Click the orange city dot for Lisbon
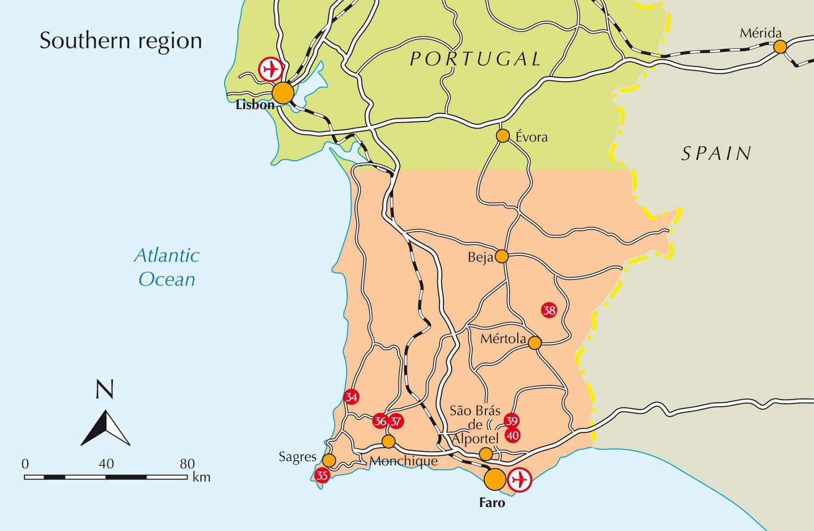(x=283, y=93)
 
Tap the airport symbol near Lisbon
(x=270, y=69)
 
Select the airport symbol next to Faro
(x=520, y=479)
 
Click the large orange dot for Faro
(x=494, y=479)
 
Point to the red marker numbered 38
(x=549, y=310)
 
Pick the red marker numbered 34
(x=352, y=397)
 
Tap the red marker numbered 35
(x=322, y=476)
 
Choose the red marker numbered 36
(x=380, y=421)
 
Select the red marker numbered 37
(x=396, y=421)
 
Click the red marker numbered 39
(x=511, y=421)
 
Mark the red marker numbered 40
(x=512, y=435)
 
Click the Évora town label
(x=531, y=137)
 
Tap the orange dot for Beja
(x=502, y=256)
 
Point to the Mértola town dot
(x=535, y=343)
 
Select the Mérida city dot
(x=780, y=47)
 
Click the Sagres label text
(x=297, y=457)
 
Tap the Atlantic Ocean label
(x=167, y=267)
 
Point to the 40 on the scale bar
(x=106, y=464)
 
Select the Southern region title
(x=120, y=41)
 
